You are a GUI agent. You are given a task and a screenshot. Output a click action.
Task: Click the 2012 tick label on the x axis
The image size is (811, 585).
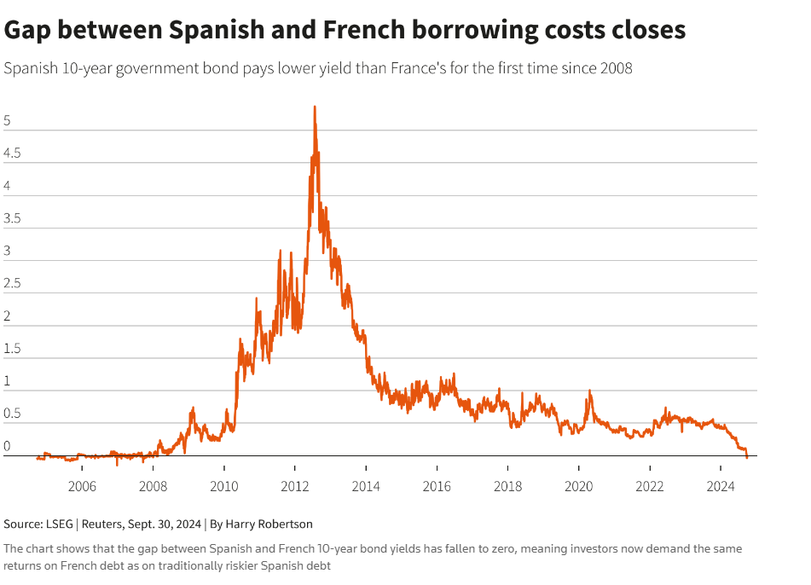pyautogui.click(x=294, y=488)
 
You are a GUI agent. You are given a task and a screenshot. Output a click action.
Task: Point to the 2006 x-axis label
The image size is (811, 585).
pyautogui.click(x=81, y=488)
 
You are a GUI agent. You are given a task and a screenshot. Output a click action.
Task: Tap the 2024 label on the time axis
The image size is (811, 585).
pyautogui.click(x=721, y=488)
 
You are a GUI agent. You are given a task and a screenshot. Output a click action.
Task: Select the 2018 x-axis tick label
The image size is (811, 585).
pyautogui.click(x=507, y=488)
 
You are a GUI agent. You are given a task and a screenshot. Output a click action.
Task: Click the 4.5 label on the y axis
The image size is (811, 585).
pyautogui.click(x=12, y=154)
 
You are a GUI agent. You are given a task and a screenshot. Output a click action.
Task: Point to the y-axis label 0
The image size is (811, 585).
pyautogui.click(x=7, y=446)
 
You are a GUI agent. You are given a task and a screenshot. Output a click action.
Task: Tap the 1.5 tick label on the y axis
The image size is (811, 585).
pyautogui.click(x=12, y=349)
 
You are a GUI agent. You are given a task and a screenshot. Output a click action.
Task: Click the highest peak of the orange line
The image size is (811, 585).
pyautogui.click(x=315, y=107)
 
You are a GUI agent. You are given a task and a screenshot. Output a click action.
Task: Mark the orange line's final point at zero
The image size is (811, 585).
pyautogui.click(x=747, y=457)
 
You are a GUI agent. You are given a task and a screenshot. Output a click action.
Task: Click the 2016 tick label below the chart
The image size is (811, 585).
pyautogui.click(x=437, y=488)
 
